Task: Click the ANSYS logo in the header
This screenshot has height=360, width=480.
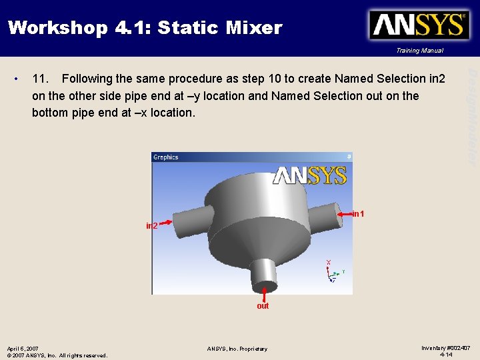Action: coord(419,25)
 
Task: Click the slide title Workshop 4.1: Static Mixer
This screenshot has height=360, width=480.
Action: coord(145,28)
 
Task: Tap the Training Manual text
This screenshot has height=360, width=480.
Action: coord(419,51)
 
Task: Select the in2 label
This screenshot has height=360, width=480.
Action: coord(152,226)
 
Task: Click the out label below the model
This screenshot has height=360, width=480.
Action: coord(263,306)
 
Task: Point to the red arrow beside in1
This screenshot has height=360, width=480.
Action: coord(343,214)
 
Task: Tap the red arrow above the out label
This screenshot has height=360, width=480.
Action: coord(265,293)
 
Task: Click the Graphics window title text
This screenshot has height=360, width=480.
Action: coord(166,157)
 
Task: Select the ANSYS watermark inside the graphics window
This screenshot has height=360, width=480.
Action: coord(309,175)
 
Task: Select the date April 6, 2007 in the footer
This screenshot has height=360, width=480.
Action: coord(23,349)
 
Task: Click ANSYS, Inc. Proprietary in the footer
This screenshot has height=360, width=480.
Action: coord(237,349)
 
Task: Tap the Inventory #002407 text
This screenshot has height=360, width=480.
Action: coord(446,348)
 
